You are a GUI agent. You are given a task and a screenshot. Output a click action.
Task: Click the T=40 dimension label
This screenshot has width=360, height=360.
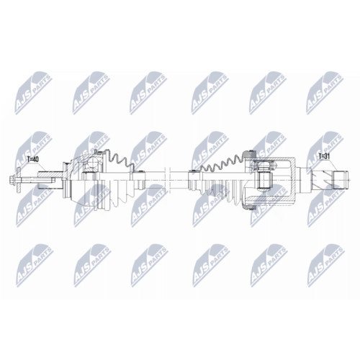(33, 159)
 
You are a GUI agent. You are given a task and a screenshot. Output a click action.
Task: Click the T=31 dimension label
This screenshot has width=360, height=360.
(325, 156)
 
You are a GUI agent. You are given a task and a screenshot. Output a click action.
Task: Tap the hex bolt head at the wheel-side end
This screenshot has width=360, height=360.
(12, 180)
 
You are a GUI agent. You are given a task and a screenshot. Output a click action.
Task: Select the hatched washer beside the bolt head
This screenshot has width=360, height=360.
(19, 180)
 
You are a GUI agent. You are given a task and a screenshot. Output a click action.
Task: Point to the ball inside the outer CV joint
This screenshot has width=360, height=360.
(91, 163)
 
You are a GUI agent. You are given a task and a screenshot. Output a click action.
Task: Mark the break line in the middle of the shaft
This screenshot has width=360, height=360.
(168, 180)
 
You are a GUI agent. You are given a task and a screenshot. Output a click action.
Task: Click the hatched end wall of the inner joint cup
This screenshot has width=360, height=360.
(294, 180)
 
